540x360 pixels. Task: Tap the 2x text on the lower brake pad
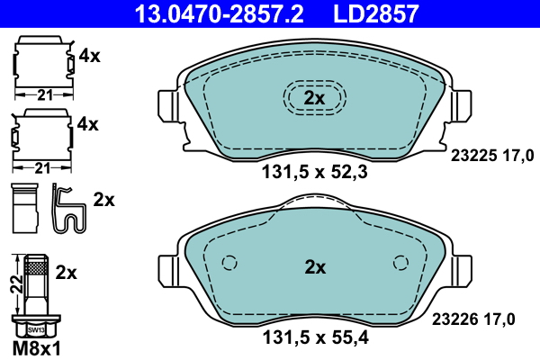click(313, 267)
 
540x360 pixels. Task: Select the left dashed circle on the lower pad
click(229, 263)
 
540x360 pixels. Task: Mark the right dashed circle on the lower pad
click(400, 263)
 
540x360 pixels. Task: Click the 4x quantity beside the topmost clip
click(88, 56)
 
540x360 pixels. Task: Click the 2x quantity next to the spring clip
click(103, 199)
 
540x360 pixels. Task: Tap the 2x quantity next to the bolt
click(67, 271)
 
